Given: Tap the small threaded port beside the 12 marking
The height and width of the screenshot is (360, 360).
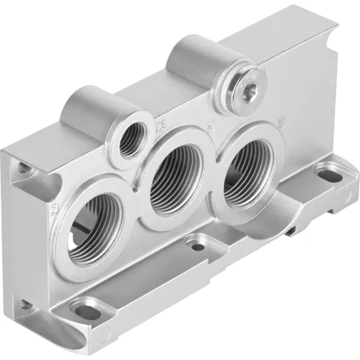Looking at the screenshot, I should pyautogui.click(x=132, y=137).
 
